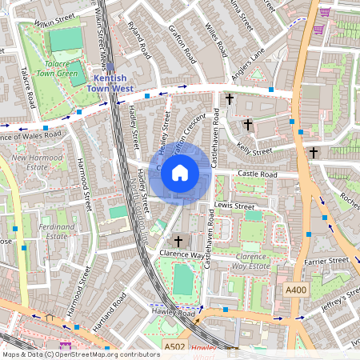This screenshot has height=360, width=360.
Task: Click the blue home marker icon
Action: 180,172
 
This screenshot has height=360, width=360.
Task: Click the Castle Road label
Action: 256,174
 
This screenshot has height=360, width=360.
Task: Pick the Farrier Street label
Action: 326,260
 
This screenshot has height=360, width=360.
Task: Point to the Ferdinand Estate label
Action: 44,231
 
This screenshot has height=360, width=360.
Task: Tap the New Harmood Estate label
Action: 32,163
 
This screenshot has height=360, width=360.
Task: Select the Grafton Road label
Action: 182,48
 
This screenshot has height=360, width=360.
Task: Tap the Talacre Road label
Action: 26,87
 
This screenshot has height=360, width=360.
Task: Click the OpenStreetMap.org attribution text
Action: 81,354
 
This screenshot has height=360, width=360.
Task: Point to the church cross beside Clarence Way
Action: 178,240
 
